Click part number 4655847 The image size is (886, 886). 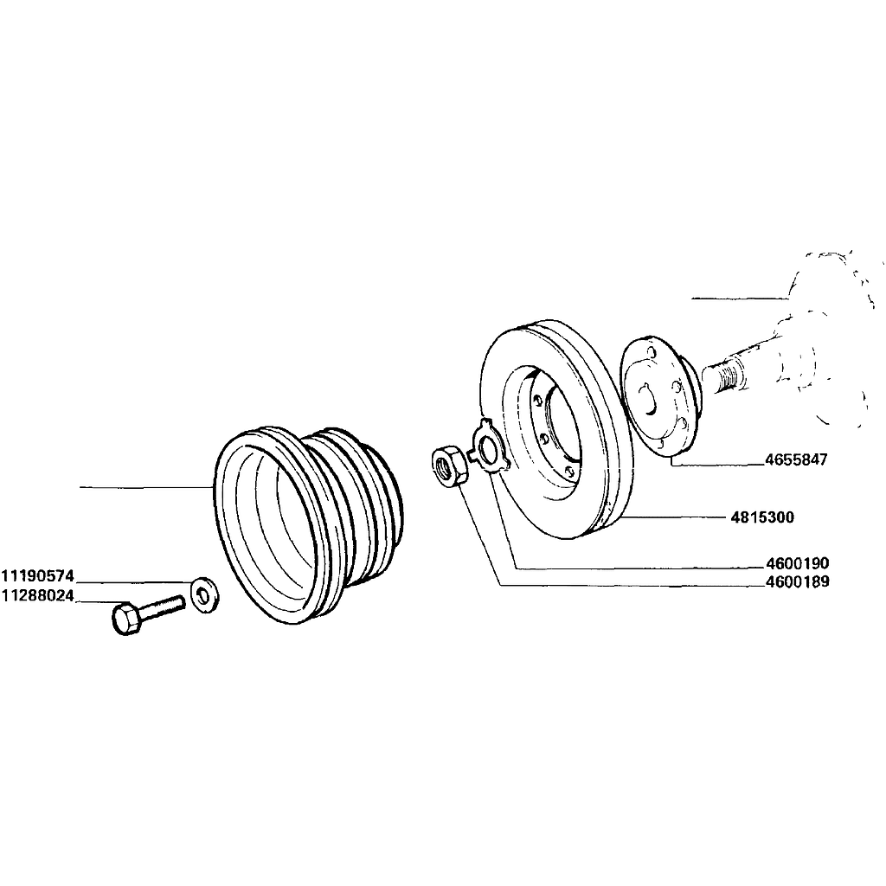(x=796, y=460)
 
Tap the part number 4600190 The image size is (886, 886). (x=798, y=563)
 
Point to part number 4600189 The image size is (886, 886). (x=798, y=582)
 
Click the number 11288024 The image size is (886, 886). (x=37, y=596)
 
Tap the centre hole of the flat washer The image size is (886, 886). (x=204, y=592)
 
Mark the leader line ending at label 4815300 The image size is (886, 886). (x=675, y=518)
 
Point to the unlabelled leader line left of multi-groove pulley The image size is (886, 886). (x=147, y=488)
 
